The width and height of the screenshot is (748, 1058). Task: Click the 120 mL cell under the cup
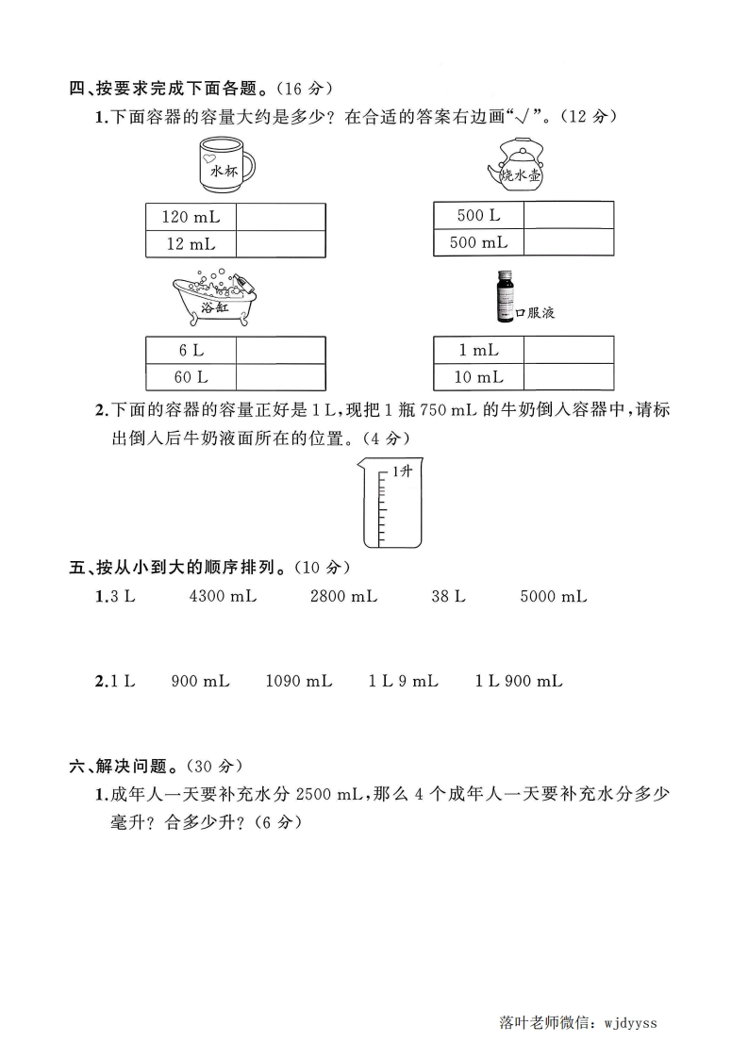point(191,217)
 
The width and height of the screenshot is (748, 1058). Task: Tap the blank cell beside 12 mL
point(279,244)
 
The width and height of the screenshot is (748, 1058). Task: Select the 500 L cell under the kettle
point(478,216)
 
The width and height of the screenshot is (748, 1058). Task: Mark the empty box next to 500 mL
point(568,242)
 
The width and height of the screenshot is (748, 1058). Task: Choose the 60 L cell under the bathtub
point(191,377)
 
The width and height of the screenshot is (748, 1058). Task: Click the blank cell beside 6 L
point(279,351)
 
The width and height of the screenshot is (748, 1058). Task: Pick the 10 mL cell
point(478,377)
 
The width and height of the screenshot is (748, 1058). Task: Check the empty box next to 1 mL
point(568,351)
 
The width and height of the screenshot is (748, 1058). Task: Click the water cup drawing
point(225,164)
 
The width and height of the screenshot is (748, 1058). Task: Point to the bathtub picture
point(215,301)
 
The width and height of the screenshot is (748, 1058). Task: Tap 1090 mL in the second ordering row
point(299,681)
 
